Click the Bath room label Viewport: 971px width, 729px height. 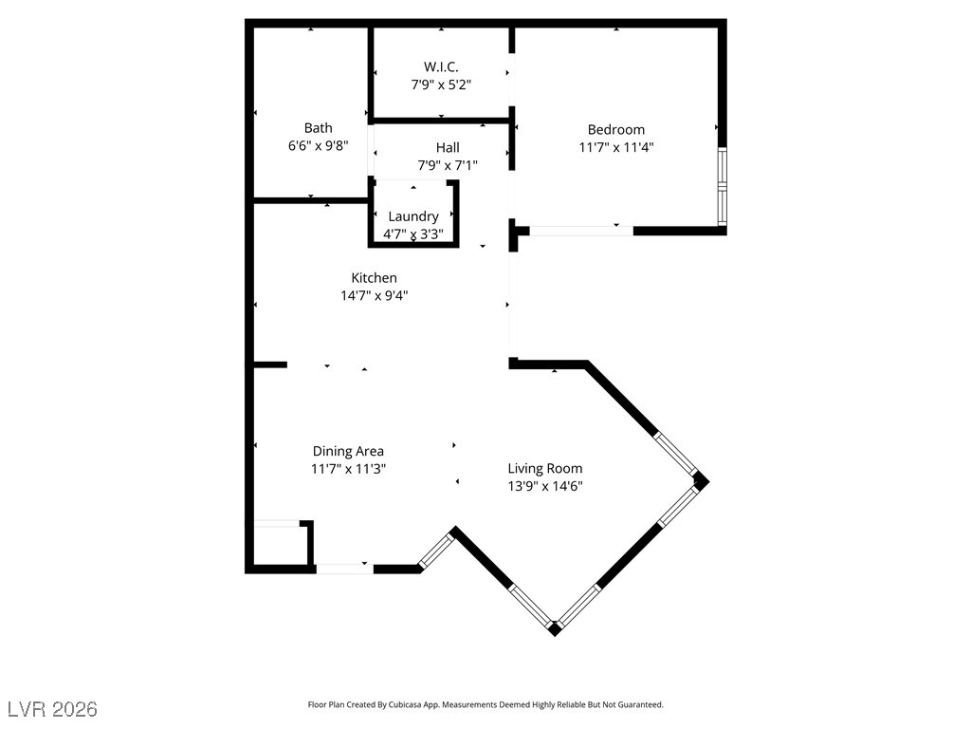(318, 128)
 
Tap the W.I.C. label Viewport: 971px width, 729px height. (441, 66)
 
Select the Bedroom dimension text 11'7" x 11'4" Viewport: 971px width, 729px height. (616, 147)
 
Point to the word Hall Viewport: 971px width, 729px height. (448, 147)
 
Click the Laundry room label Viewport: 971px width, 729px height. (413, 216)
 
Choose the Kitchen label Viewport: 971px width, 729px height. (374, 278)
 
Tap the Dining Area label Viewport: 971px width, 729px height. (348, 451)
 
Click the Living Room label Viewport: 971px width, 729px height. (544, 468)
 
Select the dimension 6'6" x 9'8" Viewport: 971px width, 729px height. (318, 146)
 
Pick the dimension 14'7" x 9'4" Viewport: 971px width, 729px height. (374, 295)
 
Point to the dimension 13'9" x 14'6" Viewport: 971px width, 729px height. (544, 486)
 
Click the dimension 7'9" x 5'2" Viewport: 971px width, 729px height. (441, 84)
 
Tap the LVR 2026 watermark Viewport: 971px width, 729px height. (52, 709)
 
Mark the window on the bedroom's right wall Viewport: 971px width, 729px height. (722, 186)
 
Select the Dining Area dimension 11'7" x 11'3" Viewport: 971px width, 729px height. (348, 468)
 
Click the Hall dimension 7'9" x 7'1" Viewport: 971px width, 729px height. (448, 165)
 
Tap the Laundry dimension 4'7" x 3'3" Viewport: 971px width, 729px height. (413, 234)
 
